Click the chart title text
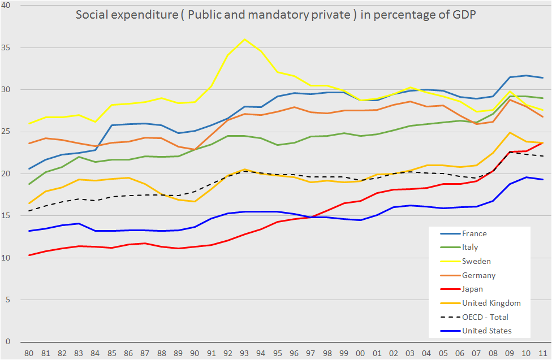[x=275, y=15]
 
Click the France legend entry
[x=474, y=233]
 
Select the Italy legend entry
[x=470, y=247]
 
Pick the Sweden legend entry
[x=476, y=261]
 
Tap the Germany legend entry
[x=478, y=275]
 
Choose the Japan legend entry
[x=472, y=289]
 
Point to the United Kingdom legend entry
[x=491, y=303]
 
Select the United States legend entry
[x=487, y=331]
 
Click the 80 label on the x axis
[x=29, y=353]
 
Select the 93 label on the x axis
[x=244, y=353]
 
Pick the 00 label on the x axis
[x=360, y=353]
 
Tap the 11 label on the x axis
[x=543, y=353]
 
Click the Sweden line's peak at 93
[x=244, y=39]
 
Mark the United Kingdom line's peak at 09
[x=510, y=133]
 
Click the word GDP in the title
[x=463, y=15]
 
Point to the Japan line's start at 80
[x=29, y=255]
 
